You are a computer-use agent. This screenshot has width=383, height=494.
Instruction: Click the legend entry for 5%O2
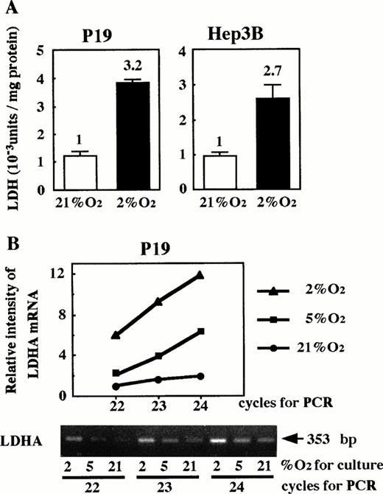308,320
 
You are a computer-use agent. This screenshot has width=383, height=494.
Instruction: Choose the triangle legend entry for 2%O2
308,293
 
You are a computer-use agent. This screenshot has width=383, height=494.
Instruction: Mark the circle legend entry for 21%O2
308,347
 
